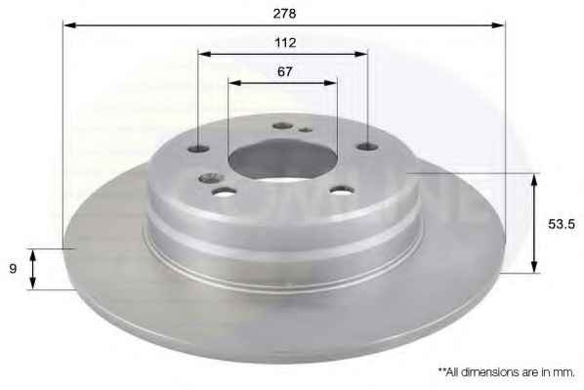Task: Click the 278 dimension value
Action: (284, 14)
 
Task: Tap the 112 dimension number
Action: (285, 43)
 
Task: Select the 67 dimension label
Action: (285, 71)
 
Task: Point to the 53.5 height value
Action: (562, 224)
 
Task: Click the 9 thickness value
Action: (13, 269)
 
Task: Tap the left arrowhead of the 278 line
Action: (70, 25)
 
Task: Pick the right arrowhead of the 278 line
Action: (498, 25)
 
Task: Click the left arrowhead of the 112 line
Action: (204, 54)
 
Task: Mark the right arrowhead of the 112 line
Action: (361, 54)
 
